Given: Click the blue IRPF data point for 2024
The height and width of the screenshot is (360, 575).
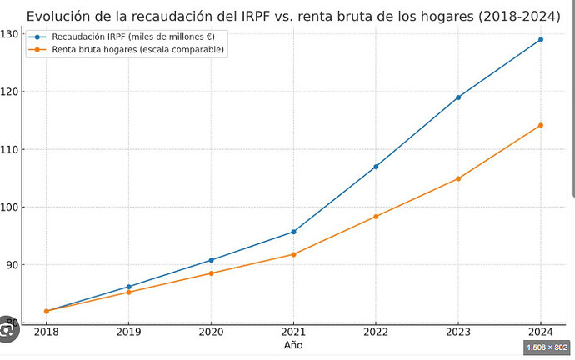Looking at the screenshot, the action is [541, 40].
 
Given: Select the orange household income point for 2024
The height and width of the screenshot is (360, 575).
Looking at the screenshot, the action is [541, 125].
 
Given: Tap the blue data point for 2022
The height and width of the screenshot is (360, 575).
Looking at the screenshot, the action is [376, 167].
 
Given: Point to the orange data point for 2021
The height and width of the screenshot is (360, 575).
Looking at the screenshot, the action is [293, 254].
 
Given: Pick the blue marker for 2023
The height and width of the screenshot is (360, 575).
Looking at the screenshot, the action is [458, 97].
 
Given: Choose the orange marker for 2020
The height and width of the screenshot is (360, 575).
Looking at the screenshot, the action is [211, 273].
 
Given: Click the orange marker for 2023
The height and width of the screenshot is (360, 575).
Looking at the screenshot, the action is [458, 179].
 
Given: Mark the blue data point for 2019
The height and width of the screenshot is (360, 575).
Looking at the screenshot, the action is [128, 287].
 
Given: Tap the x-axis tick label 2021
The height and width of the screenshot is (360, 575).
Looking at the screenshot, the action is [293, 332].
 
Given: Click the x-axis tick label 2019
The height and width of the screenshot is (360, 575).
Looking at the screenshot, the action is [128, 332].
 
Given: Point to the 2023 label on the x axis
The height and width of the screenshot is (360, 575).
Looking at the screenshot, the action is [458, 332].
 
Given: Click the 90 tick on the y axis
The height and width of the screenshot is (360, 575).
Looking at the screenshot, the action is [12, 265].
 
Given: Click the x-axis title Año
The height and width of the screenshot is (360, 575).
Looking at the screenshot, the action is [293, 345].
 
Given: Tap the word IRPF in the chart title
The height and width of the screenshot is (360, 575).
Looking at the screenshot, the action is [255, 17].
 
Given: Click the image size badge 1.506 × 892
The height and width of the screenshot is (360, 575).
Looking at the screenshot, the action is [547, 347].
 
